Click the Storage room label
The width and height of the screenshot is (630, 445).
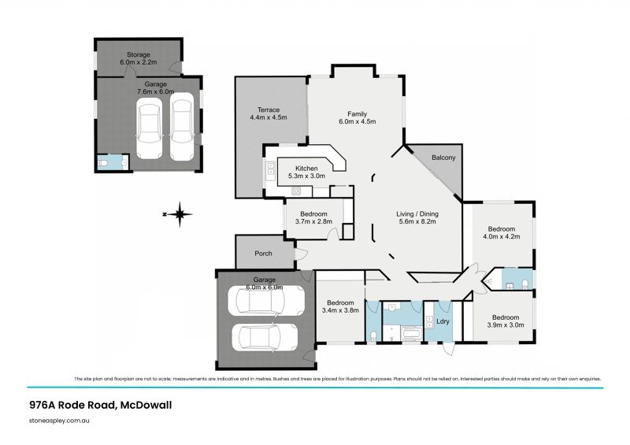point(134,55)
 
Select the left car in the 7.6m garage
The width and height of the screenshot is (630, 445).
point(148,128)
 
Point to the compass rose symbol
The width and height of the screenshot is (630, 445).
point(180,213)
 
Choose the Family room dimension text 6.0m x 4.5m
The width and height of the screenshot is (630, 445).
point(358,122)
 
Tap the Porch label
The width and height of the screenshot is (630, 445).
point(262,254)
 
